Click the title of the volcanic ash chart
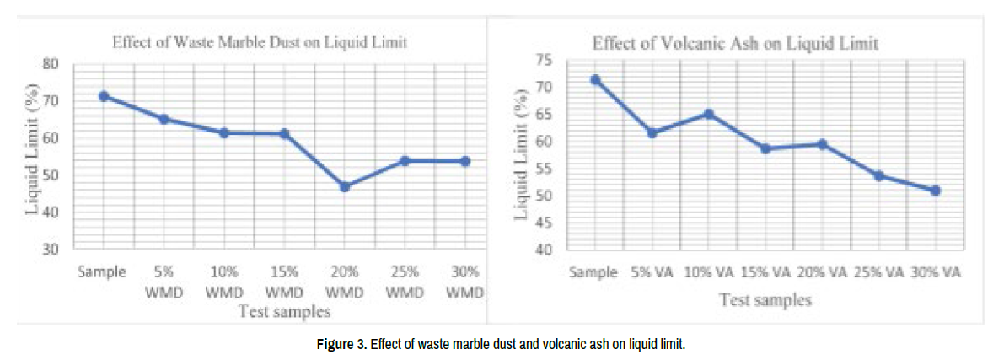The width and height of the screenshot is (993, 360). pos(735,43)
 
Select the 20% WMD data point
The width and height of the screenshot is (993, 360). pos(345,186)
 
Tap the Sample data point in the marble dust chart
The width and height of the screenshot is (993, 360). pos(104,96)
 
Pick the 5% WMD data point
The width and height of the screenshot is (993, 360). pos(164,119)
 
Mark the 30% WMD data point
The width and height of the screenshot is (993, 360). pos(465,161)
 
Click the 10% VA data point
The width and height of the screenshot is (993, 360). pos(709,114)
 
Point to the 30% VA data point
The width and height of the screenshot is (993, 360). pos(936,191)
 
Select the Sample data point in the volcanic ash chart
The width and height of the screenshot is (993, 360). pos(595,79)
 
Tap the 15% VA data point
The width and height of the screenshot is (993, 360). pos(765,148)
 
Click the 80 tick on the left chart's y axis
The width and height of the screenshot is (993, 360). pos(51,63)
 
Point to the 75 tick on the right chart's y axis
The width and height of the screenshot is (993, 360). pos(546,60)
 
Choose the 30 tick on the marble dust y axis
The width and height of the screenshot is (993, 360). pos(51,250)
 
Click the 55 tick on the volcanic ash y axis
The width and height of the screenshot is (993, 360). pos(546,169)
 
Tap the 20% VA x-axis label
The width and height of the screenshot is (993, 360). pos(821,273)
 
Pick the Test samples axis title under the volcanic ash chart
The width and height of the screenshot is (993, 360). pos(765,299)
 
